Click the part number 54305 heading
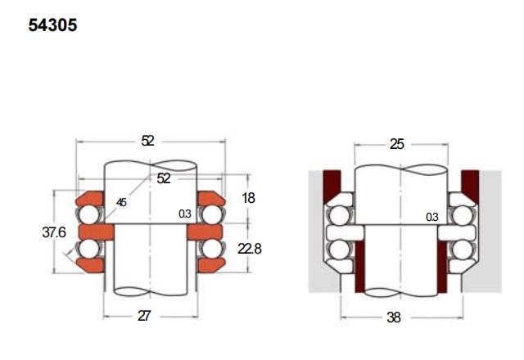coord(52,25)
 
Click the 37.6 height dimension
coord(54,232)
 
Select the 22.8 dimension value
coord(250,249)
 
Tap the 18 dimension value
coord(248,198)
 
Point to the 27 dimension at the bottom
coord(144,316)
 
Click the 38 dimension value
coord(394,317)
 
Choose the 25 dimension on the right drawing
coord(397,144)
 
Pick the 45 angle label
coord(121,202)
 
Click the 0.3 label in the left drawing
coord(185,214)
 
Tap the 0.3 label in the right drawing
coord(432,217)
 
